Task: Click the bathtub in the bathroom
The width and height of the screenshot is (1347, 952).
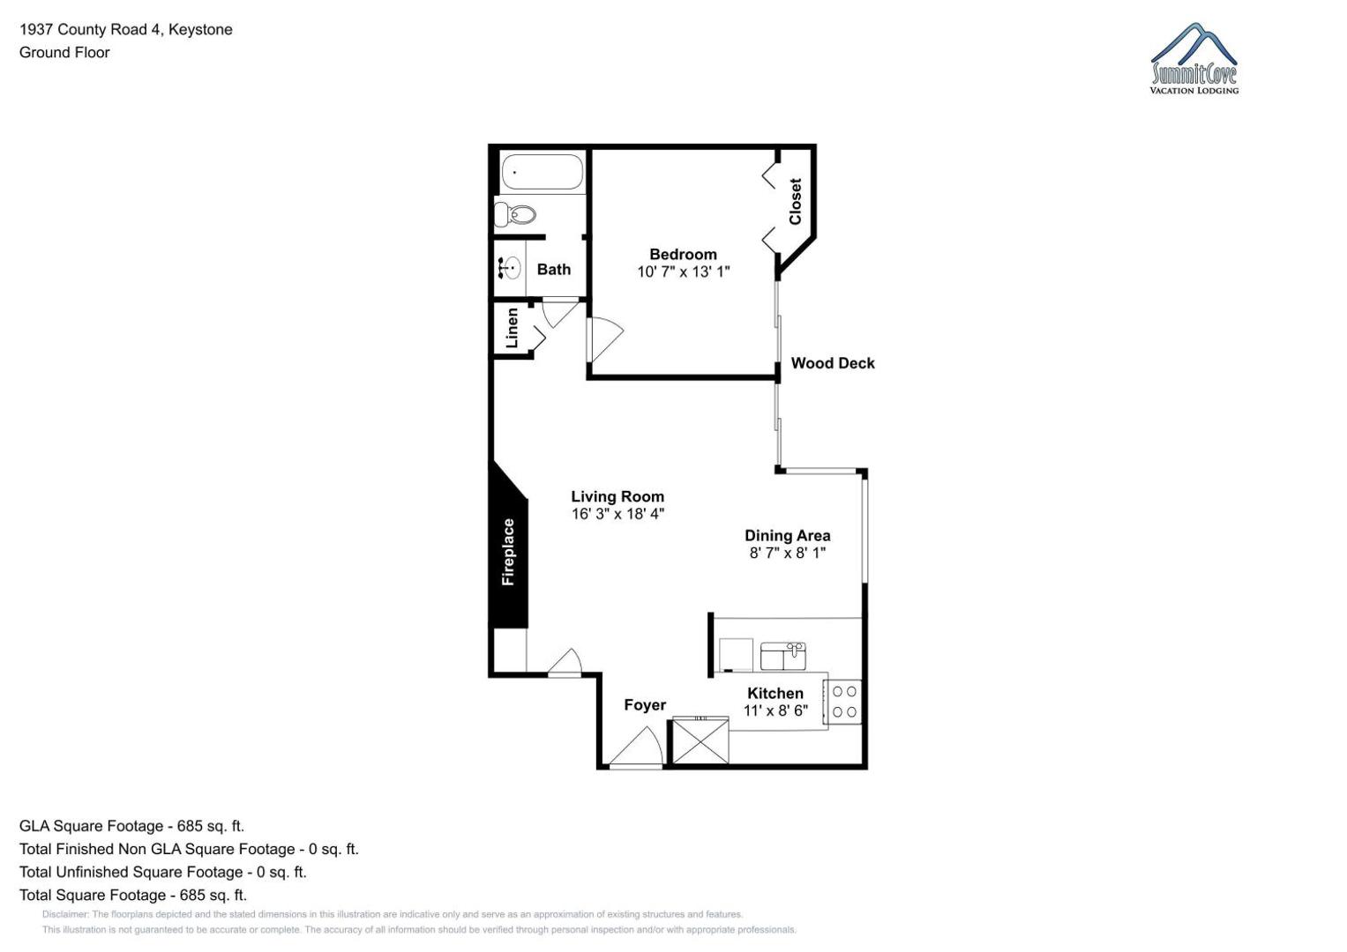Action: tap(542, 172)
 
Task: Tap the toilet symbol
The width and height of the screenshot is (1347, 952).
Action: tap(515, 214)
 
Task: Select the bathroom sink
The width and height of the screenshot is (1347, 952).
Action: tap(510, 267)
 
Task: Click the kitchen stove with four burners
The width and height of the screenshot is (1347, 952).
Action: tap(843, 702)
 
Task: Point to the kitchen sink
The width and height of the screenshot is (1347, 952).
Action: tap(783, 656)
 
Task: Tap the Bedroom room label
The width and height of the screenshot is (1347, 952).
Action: tap(683, 254)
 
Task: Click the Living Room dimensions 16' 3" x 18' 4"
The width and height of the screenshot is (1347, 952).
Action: tap(617, 514)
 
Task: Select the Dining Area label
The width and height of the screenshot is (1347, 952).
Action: tap(787, 536)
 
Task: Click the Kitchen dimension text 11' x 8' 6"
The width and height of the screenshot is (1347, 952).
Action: tap(775, 710)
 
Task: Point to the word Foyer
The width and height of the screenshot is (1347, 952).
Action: tap(645, 705)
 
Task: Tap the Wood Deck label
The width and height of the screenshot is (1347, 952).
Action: tap(832, 363)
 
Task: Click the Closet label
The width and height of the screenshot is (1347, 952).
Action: tap(795, 201)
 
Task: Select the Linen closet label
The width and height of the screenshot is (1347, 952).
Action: tap(512, 328)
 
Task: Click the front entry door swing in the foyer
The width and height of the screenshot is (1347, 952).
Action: tap(636, 747)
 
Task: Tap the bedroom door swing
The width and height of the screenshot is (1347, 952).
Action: tap(606, 339)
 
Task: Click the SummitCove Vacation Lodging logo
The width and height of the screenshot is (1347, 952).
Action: tap(1194, 58)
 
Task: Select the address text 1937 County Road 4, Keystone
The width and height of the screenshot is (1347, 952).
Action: tap(125, 29)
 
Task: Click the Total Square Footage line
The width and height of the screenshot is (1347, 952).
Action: tap(133, 895)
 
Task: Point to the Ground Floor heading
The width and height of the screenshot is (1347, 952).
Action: tap(64, 52)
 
